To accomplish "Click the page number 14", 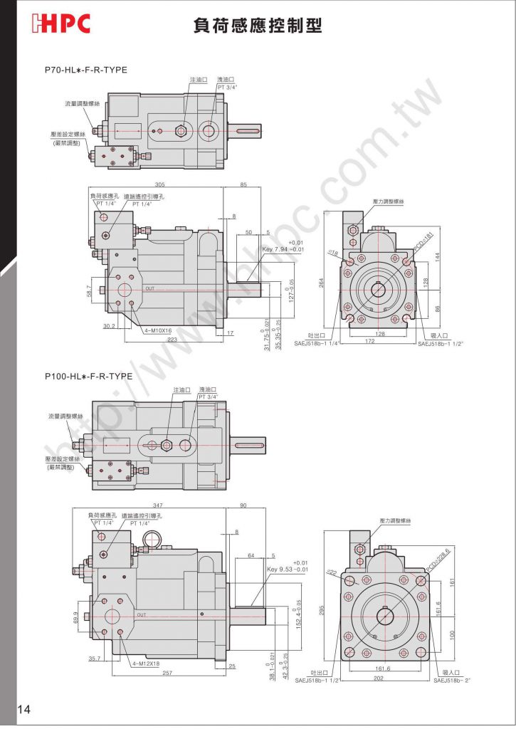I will [24, 708].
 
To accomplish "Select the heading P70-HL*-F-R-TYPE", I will [86, 70].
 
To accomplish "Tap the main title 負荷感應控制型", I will [258, 26].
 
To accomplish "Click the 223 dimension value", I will [173, 340].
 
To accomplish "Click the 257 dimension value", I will [168, 671].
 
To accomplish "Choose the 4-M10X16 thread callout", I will [157, 330].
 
